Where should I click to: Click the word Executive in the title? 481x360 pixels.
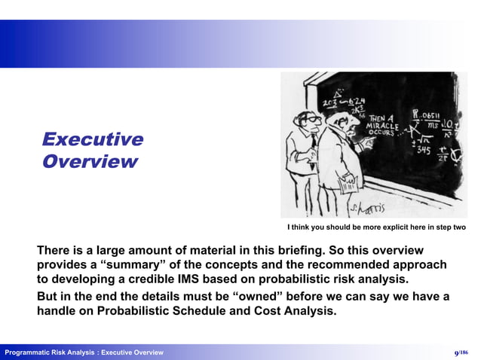pyautogui.click(x=93, y=139)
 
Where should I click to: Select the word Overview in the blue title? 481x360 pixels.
pyautogui.click(x=90, y=161)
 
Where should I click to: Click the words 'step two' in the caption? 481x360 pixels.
pyautogui.click(x=449, y=227)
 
